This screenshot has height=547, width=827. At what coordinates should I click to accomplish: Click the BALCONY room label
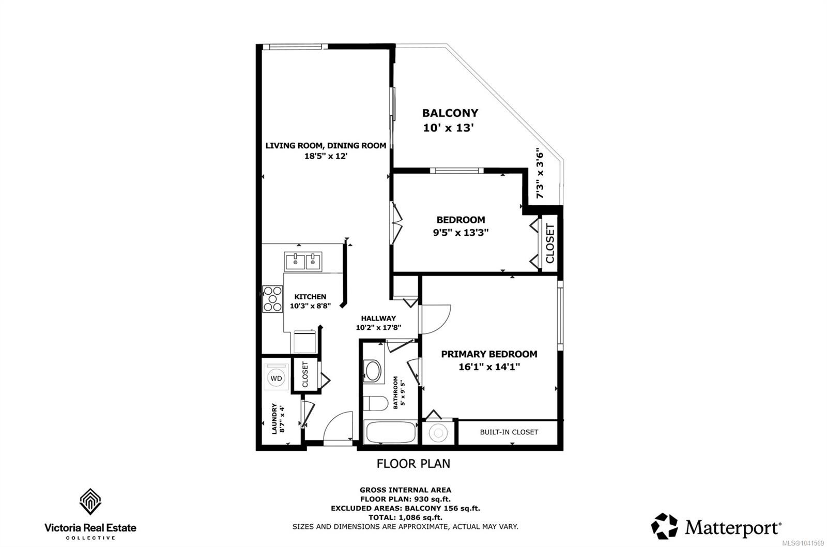(x=450, y=113)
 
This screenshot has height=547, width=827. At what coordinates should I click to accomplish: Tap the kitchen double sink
(x=303, y=262)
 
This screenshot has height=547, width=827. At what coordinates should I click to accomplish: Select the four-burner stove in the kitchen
(x=272, y=299)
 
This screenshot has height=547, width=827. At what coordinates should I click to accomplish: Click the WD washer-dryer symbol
(x=276, y=378)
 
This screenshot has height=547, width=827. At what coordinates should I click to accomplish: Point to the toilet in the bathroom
(x=375, y=403)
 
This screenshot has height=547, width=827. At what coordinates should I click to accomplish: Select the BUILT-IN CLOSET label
(x=509, y=432)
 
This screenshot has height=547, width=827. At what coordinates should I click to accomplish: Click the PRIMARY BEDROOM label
(x=489, y=354)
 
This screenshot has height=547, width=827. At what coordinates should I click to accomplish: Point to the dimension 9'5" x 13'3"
(x=461, y=233)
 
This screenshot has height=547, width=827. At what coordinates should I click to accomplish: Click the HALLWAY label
(x=378, y=318)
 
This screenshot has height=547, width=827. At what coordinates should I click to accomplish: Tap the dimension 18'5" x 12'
(x=326, y=156)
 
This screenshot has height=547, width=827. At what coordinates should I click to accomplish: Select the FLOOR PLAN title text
(x=413, y=464)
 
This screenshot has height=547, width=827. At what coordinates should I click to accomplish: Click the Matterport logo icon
(x=664, y=526)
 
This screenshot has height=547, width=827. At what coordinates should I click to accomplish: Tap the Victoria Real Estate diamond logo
(x=90, y=501)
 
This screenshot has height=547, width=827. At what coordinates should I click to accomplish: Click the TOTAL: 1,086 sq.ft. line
(x=405, y=518)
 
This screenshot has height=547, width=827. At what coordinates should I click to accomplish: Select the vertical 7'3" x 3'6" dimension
(x=540, y=173)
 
